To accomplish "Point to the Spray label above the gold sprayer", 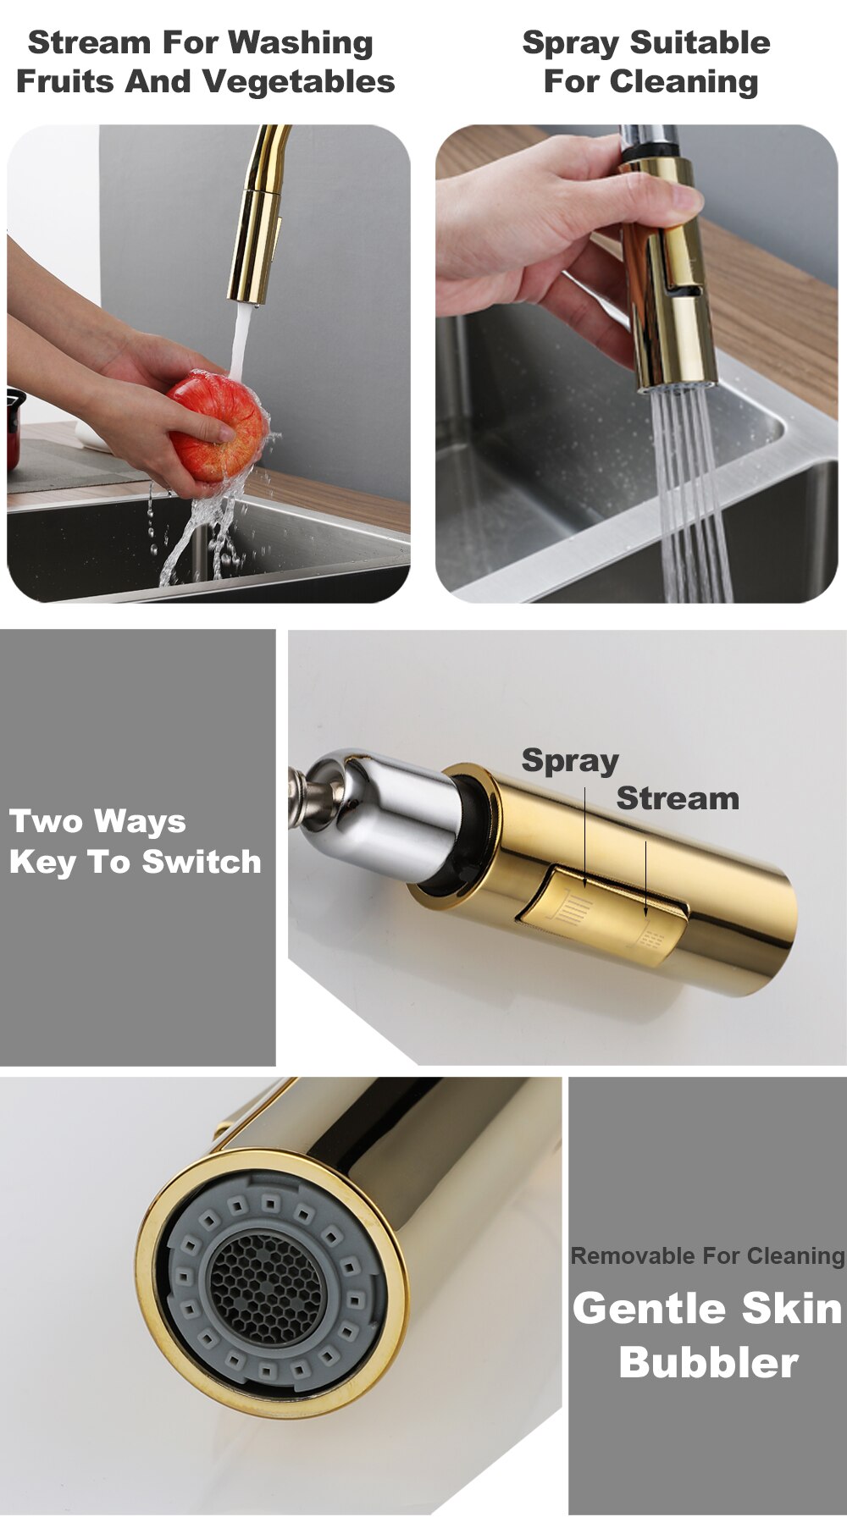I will [x=570, y=761].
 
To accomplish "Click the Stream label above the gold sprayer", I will [x=678, y=798].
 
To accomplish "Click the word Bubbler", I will [x=708, y=1362].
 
